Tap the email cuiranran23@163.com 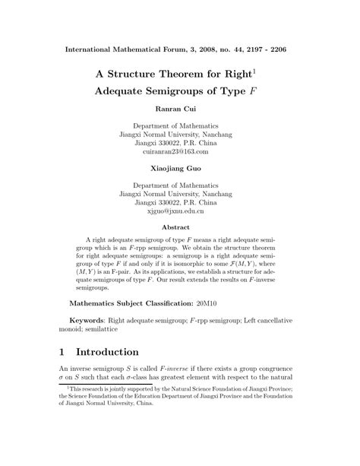pos(180,151)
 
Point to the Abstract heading pos(180,226)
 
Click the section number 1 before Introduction pos(63,353)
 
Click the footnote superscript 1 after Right pos(254,71)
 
